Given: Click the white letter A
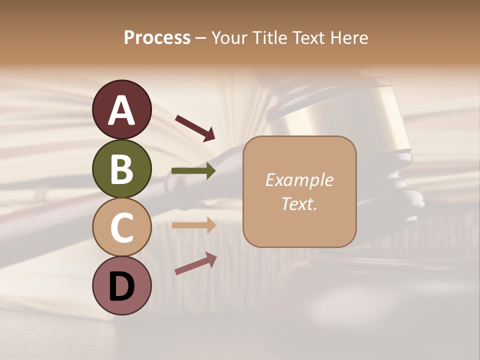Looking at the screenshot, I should click(122, 111).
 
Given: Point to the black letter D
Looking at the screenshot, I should click(122, 287).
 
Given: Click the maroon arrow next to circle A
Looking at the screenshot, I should click(194, 127).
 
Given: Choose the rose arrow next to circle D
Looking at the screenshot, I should click(195, 263).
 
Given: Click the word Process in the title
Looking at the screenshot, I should click(157, 38).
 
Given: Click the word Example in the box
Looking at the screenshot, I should click(299, 180).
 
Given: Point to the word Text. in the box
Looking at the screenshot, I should click(299, 204).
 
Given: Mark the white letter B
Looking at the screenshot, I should click(122, 169).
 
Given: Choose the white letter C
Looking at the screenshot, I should click(122, 228).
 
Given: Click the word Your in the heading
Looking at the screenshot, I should click(229, 38).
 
